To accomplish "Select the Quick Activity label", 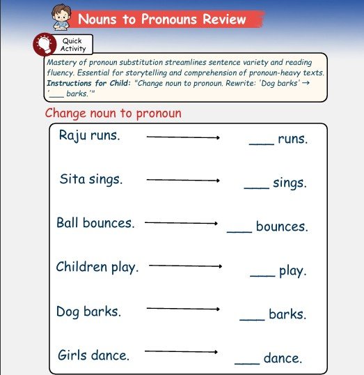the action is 72,45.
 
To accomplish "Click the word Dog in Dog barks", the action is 68,311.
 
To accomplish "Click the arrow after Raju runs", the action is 183,138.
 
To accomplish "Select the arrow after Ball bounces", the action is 181,224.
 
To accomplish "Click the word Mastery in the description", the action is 58,62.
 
